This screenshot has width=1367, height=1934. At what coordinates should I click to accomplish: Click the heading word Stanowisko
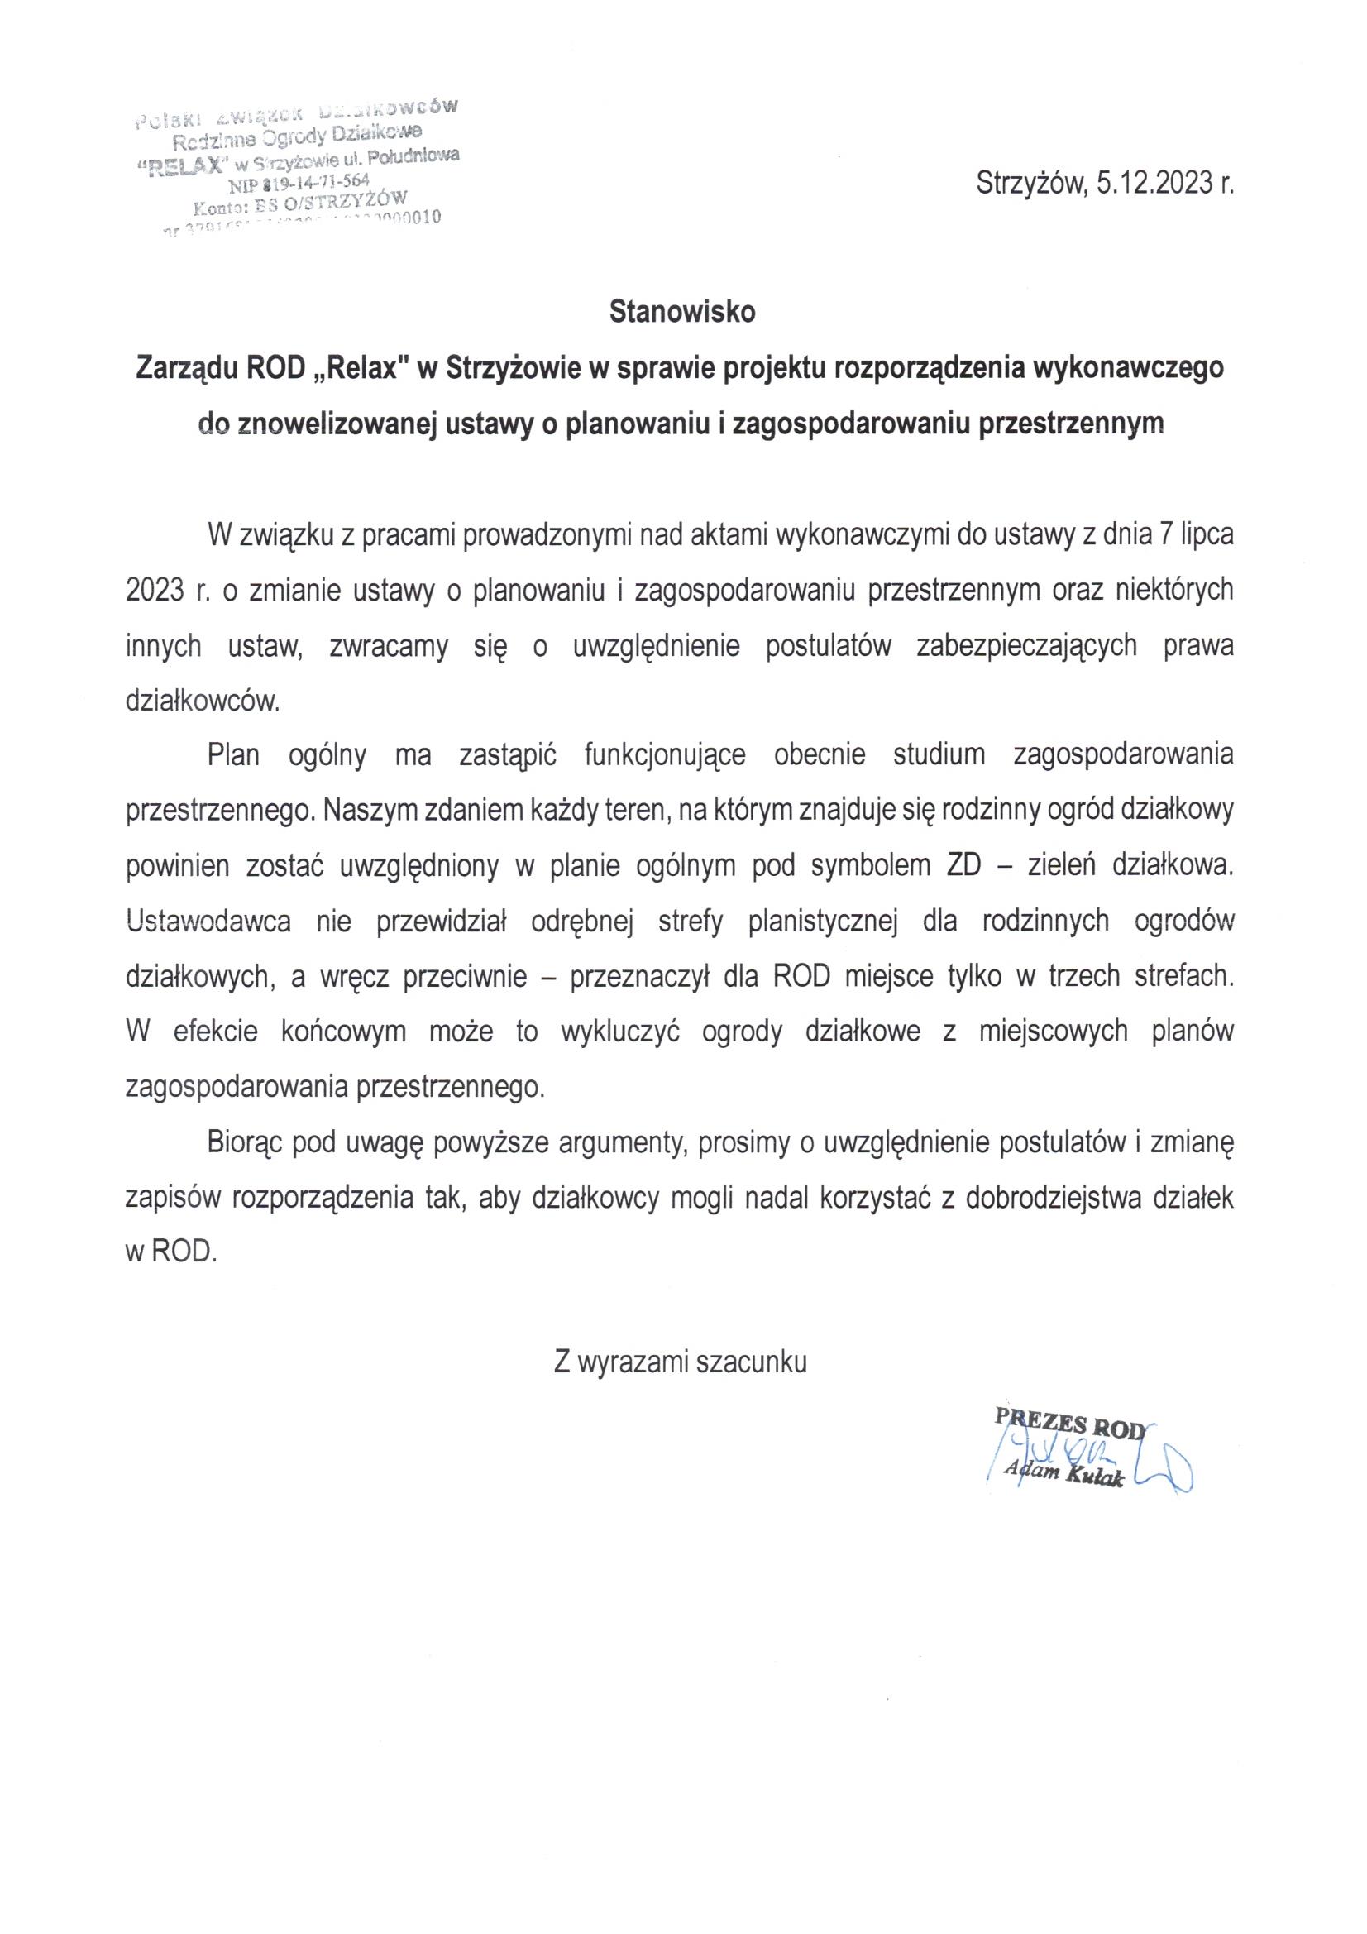(x=683, y=312)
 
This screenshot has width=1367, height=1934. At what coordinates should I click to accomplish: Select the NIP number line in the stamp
(x=299, y=180)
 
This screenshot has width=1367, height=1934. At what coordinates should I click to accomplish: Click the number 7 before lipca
(x=1167, y=536)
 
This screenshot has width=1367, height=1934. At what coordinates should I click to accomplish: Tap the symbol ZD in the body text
(x=964, y=866)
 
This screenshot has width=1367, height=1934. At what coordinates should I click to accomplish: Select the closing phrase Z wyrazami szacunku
(x=681, y=1362)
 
